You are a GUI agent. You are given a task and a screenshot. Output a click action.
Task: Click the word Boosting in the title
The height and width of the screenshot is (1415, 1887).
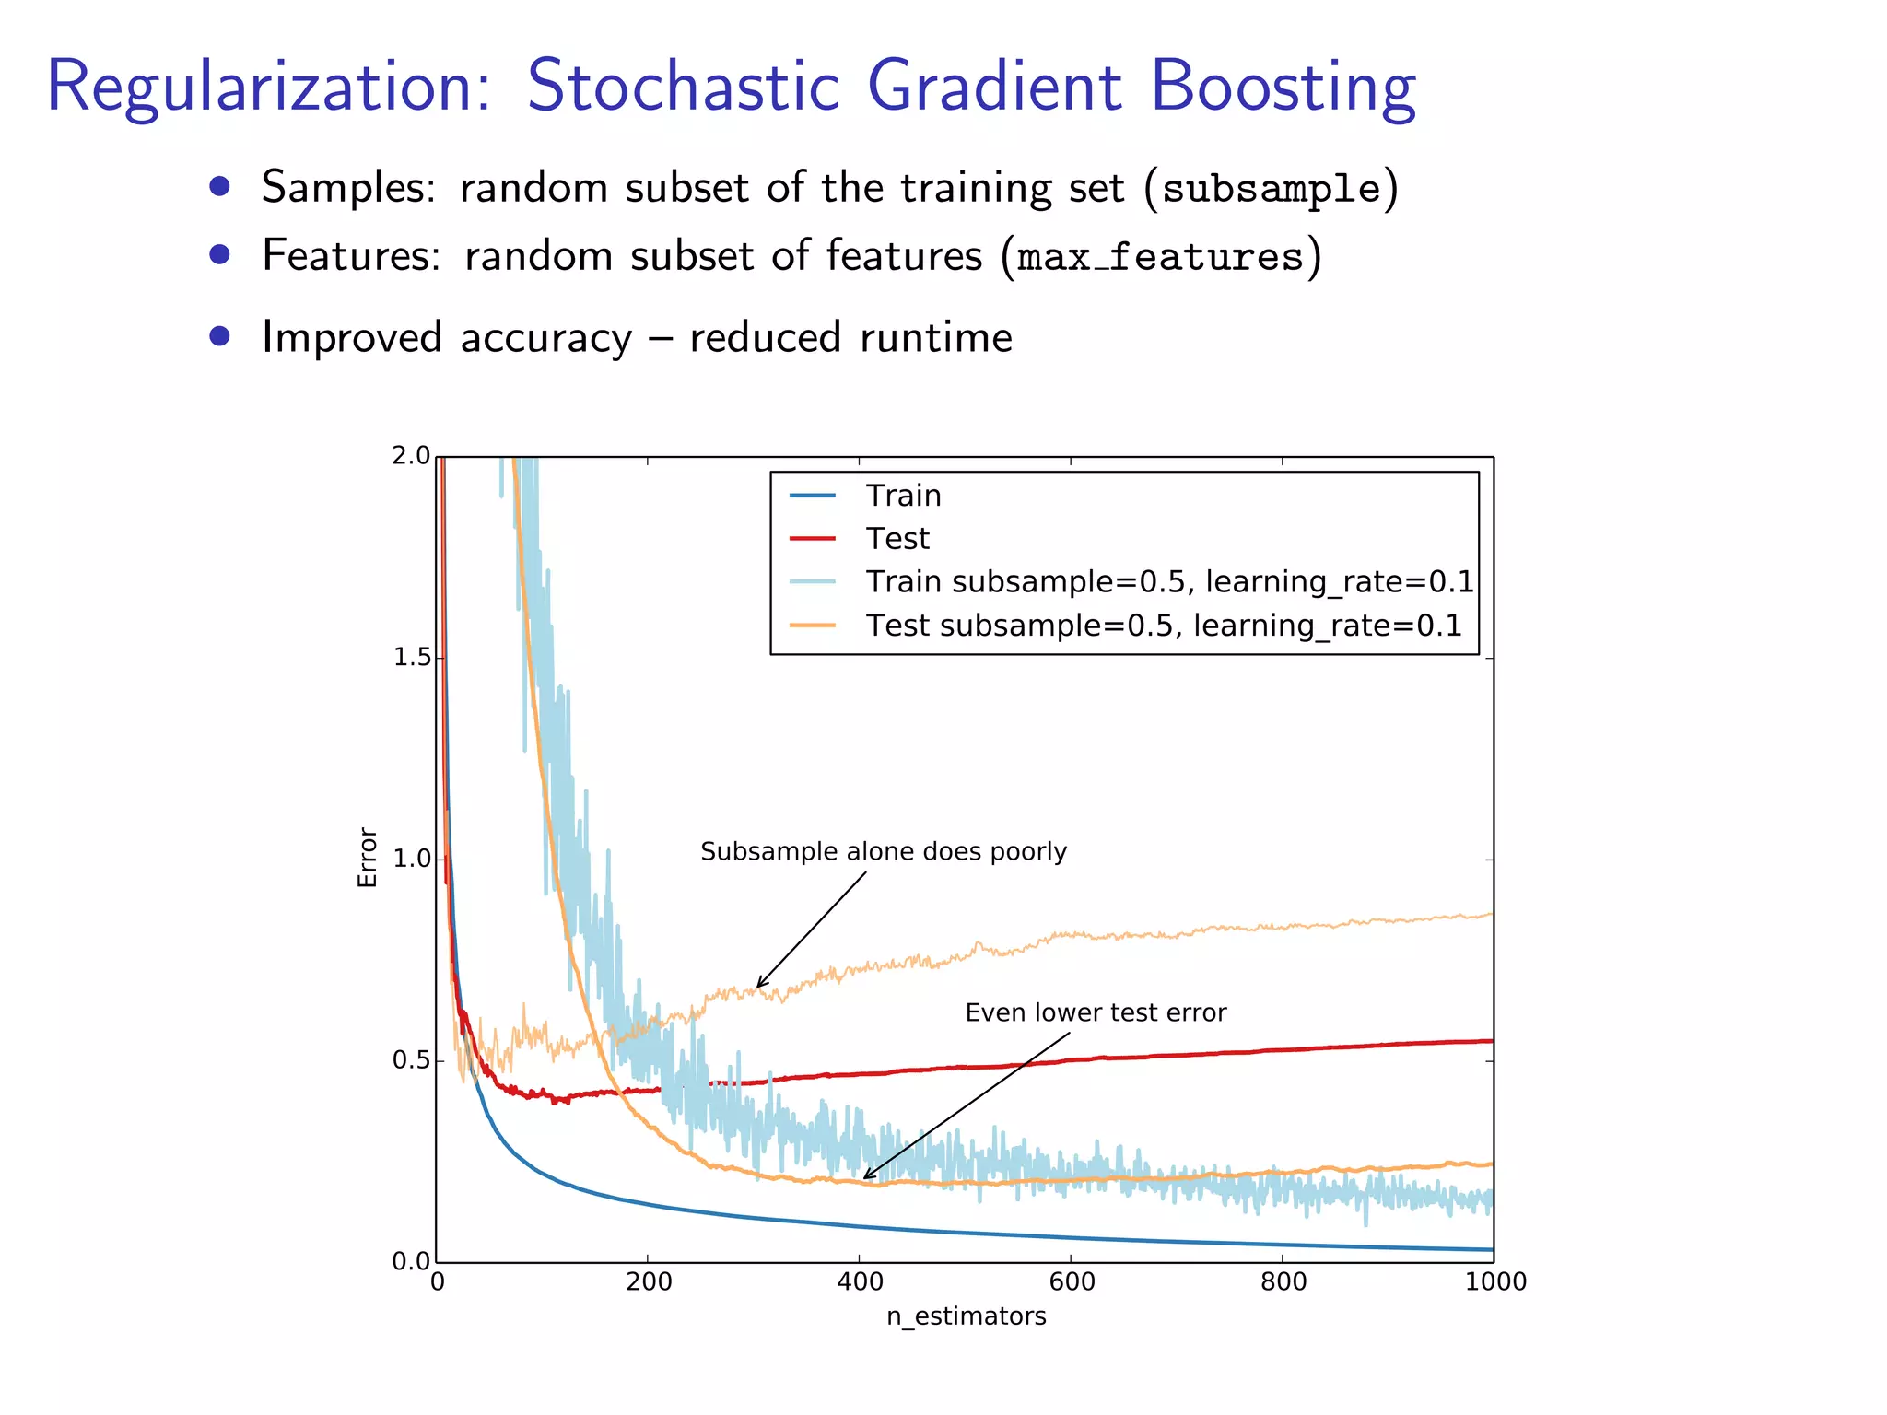(1283, 88)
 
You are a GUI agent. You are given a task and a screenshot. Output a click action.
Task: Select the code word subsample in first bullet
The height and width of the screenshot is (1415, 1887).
(1272, 189)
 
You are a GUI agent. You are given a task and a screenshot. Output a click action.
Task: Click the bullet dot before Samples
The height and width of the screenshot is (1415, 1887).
(218, 187)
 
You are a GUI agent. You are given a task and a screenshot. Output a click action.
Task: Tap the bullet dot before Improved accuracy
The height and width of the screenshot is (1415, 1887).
(218, 336)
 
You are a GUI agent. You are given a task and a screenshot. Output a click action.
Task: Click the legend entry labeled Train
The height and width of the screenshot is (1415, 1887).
(902, 496)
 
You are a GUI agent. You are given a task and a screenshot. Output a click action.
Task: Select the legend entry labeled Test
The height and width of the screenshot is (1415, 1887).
(897, 539)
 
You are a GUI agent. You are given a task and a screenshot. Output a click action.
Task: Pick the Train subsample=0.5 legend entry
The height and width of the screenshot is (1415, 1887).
(1168, 582)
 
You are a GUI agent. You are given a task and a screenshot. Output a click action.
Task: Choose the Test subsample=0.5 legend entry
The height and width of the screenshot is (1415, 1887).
(1163, 626)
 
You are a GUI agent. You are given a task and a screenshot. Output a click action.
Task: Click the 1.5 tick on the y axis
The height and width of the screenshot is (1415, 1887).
(411, 658)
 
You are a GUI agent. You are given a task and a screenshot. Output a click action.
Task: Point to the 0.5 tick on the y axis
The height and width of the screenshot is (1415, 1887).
(411, 1060)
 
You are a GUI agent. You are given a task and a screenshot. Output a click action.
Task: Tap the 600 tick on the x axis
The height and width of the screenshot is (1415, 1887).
(1071, 1281)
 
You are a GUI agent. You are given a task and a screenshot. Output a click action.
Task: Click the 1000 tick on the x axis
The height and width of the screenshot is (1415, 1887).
(1494, 1281)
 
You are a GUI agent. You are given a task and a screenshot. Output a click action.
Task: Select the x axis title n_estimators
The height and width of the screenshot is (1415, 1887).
(966, 1316)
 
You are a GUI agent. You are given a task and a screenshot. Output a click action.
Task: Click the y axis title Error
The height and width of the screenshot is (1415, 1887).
(368, 858)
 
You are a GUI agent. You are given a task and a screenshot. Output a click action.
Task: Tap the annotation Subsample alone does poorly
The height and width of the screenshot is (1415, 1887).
(883, 851)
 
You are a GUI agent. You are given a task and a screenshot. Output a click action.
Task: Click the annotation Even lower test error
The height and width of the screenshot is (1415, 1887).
(1095, 1012)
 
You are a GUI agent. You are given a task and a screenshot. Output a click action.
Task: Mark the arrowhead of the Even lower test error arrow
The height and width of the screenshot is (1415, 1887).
(866, 1177)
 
